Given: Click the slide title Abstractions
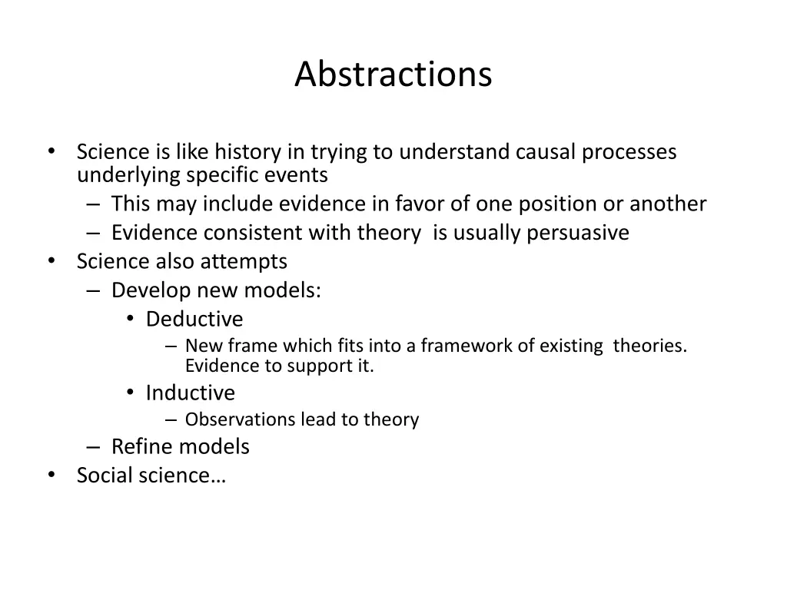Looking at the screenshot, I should (393, 75).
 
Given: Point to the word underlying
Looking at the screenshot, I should (129, 176).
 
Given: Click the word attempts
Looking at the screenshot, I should (244, 262).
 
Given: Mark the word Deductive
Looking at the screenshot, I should (194, 319).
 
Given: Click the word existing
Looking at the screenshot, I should (571, 346).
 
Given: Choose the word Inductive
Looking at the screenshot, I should (191, 393).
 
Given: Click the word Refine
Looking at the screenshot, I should (141, 446).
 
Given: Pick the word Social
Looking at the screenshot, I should (105, 476).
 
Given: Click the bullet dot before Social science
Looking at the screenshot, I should (51, 475).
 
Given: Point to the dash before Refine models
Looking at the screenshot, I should (93, 447).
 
